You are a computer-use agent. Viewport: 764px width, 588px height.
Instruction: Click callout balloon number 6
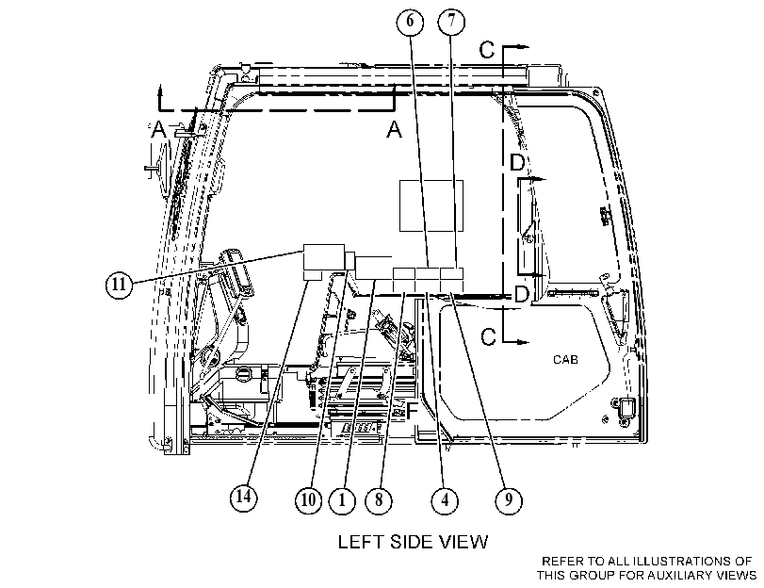(x=410, y=22)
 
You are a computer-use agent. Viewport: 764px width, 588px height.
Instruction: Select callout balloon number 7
(x=451, y=22)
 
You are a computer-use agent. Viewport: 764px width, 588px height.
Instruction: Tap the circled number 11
(x=120, y=285)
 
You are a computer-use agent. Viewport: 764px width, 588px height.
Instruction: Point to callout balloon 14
(x=244, y=498)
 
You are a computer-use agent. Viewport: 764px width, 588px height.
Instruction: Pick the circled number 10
(x=308, y=500)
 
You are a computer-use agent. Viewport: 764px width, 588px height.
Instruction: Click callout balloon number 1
(x=343, y=500)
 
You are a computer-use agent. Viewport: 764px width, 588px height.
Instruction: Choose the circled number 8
(x=379, y=500)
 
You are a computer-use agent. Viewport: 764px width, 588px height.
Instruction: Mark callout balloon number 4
(x=445, y=500)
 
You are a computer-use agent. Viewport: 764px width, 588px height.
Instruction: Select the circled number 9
(x=509, y=500)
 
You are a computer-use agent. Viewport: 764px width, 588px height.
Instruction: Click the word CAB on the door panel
(x=565, y=360)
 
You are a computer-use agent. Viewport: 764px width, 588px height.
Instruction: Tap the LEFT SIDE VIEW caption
(x=414, y=542)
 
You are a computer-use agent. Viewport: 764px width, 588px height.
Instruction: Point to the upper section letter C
(x=487, y=50)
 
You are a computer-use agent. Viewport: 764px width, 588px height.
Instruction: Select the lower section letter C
(x=488, y=337)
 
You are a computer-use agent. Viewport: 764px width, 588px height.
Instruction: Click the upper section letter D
(x=516, y=162)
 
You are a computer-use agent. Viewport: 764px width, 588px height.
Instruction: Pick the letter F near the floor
(x=412, y=411)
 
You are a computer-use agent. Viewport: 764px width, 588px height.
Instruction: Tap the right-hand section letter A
(x=394, y=130)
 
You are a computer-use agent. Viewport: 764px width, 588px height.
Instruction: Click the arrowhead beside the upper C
(x=523, y=47)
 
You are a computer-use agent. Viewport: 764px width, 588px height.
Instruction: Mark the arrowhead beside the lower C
(x=523, y=342)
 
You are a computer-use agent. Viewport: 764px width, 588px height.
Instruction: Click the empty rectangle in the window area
(x=431, y=205)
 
